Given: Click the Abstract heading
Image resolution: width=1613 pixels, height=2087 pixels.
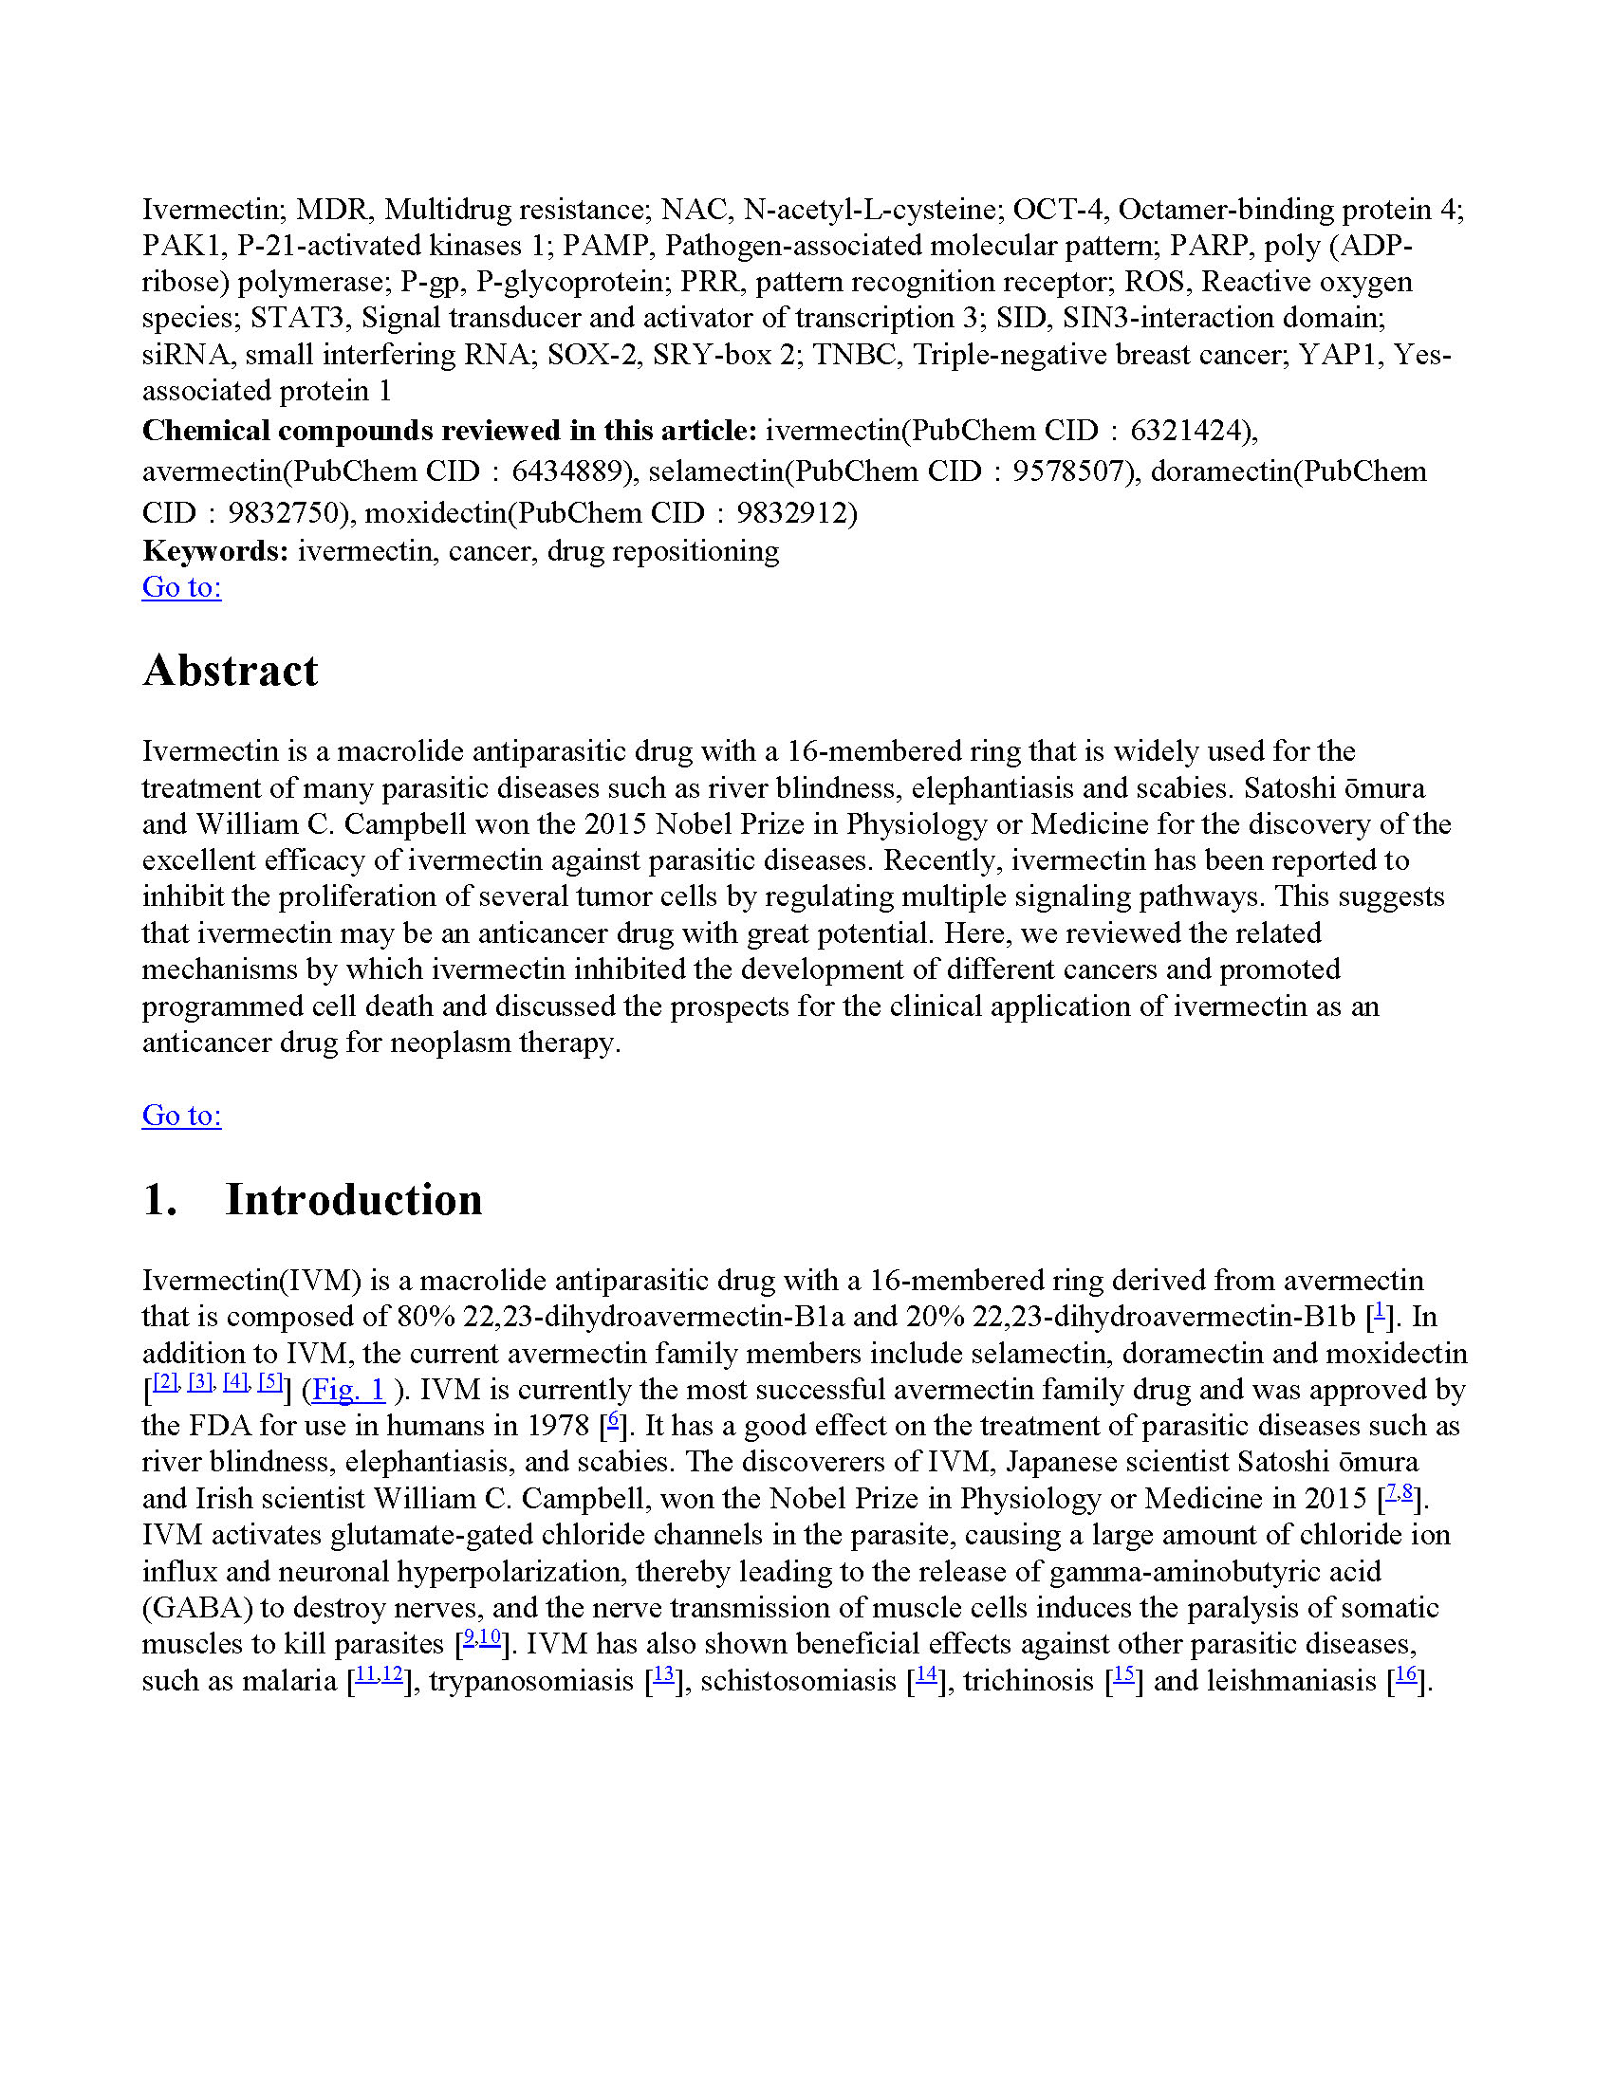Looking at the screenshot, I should [230, 671].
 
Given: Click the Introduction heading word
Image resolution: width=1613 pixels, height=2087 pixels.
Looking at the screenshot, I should [354, 1200].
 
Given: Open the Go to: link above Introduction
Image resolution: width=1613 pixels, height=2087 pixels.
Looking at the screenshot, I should [181, 1116].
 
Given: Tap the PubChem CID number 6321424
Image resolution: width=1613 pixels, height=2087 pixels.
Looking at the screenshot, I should [1189, 431].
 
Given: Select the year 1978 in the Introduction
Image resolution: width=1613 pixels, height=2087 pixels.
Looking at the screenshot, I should [558, 1426].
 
